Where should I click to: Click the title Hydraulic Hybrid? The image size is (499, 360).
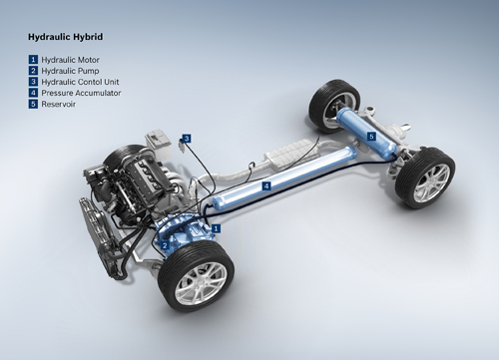65,37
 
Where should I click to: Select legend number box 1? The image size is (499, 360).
33,60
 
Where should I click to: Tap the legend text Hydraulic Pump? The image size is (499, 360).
70,71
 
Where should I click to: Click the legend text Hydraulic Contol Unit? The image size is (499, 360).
80,82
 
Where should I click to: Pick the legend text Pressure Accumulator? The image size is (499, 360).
81,93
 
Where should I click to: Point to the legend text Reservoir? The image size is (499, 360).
58,104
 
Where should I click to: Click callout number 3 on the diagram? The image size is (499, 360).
187,139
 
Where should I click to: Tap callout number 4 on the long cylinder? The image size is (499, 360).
266,185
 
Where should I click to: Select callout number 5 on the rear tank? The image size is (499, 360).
371,136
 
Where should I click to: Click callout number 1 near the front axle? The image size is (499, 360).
216,228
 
